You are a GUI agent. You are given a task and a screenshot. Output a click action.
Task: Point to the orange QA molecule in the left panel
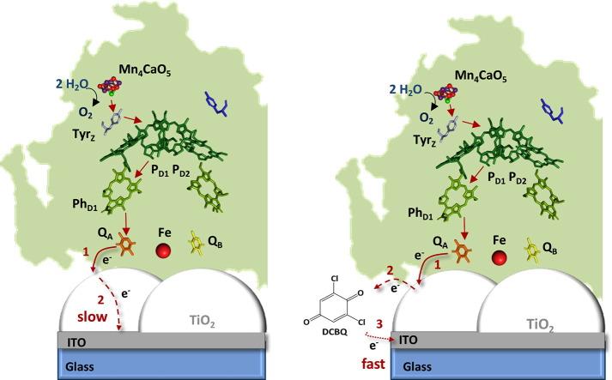[x=124, y=246]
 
